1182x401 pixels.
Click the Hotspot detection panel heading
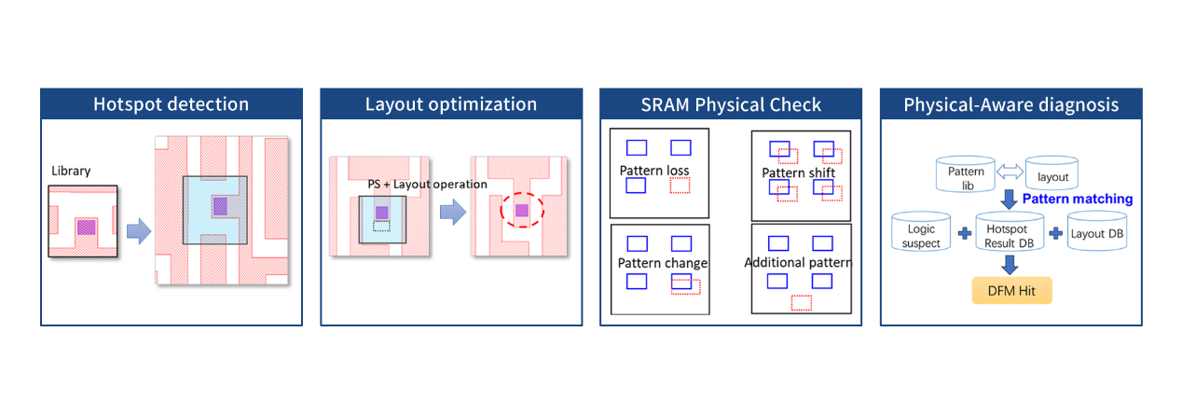(x=171, y=104)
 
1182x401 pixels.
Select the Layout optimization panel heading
(x=450, y=104)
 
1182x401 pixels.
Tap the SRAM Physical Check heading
(x=730, y=104)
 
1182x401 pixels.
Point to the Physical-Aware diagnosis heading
(x=1010, y=104)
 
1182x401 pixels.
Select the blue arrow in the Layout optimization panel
(x=453, y=213)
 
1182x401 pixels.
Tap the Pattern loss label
(x=654, y=171)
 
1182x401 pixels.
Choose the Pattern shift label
(x=798, y=173)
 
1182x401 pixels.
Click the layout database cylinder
(x=1051, y=173)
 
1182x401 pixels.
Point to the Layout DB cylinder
(x=1097, y=233)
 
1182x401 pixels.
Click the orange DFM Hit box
(x=1011, y=291)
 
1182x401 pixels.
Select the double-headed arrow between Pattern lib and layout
(x=1010, y=172)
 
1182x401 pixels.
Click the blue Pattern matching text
(x=1077, y=199)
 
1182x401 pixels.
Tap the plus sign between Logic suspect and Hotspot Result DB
(x=963, y=233)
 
